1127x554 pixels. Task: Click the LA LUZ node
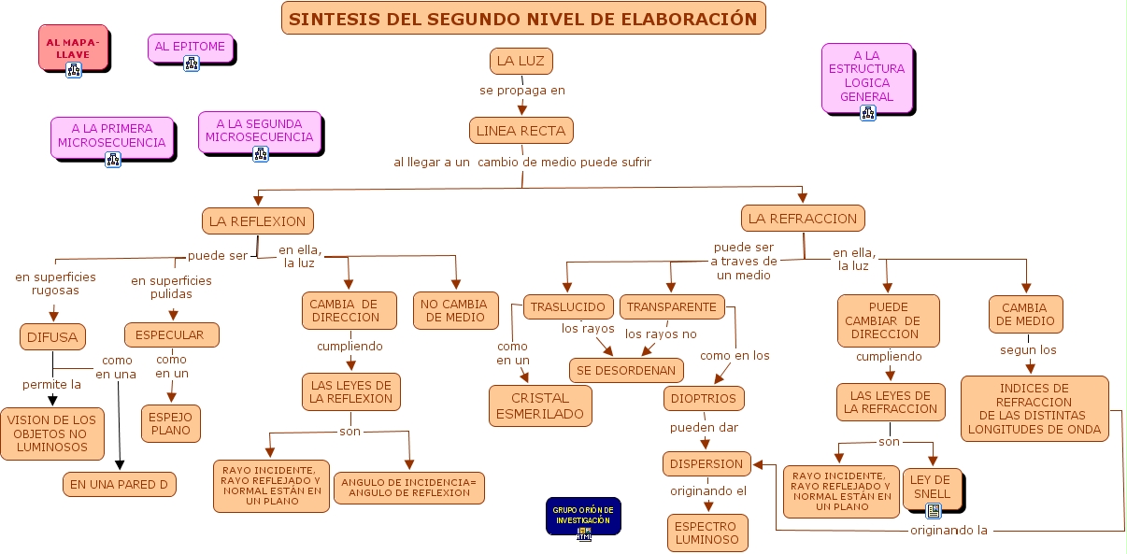click(521, 61)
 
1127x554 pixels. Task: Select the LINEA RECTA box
click(521, 131)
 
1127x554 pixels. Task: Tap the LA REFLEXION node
click(257, 221)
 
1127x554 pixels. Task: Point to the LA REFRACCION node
click(803, 219)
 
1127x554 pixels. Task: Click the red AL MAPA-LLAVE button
click(74, 48)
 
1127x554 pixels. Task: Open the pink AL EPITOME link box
click(190, 47)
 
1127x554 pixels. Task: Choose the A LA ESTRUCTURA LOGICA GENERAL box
click(866, 77)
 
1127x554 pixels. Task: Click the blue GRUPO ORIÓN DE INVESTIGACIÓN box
click(583, 515)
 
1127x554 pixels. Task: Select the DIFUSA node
click(52, 336)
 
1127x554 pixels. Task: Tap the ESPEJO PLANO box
click(170, 423)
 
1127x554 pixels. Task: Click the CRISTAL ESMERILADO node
click(540, 405)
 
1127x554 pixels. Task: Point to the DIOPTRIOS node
click(704, 399)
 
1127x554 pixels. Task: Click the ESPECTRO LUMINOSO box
click(707, 532)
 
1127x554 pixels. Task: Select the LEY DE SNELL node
click(931, 487)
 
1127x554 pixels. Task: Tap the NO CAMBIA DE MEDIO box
click(454, 310)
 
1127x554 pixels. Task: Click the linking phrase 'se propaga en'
click(522, 91)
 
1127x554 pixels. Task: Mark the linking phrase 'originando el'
click(708, 491)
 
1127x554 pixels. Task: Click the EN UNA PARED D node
click(119, 484)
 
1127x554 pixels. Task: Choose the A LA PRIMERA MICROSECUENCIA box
click(112, 135)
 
